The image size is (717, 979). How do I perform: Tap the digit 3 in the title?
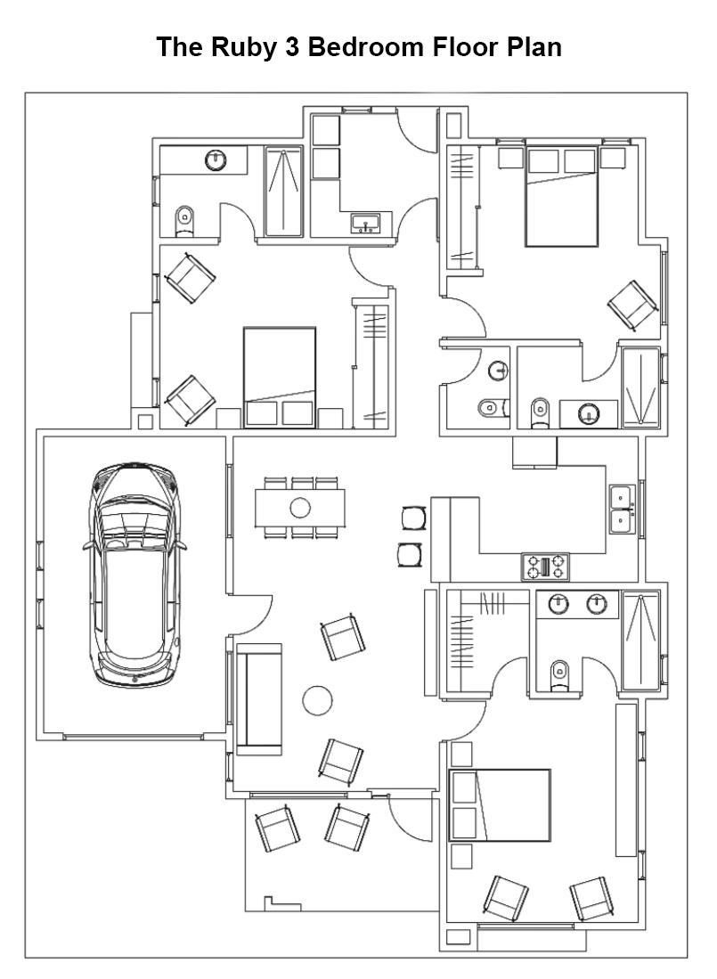point(291,47)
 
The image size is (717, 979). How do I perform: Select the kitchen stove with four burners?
point(545,567)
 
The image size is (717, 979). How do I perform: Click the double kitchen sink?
point(623,510)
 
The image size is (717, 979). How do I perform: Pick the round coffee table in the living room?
point(318,700)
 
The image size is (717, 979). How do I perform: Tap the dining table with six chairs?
point(300,508)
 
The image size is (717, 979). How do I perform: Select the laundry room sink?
point(366,223)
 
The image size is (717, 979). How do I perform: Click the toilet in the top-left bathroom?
point(184,220)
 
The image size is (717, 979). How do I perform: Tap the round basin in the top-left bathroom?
point(216,160)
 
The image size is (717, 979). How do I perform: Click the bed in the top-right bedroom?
point(562,196)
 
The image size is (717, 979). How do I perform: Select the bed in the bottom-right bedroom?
point(500,805)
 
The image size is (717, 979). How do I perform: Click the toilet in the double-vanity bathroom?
point(559,675)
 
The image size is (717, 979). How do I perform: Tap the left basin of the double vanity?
point(558,604)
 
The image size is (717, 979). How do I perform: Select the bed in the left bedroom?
point(280,377)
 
